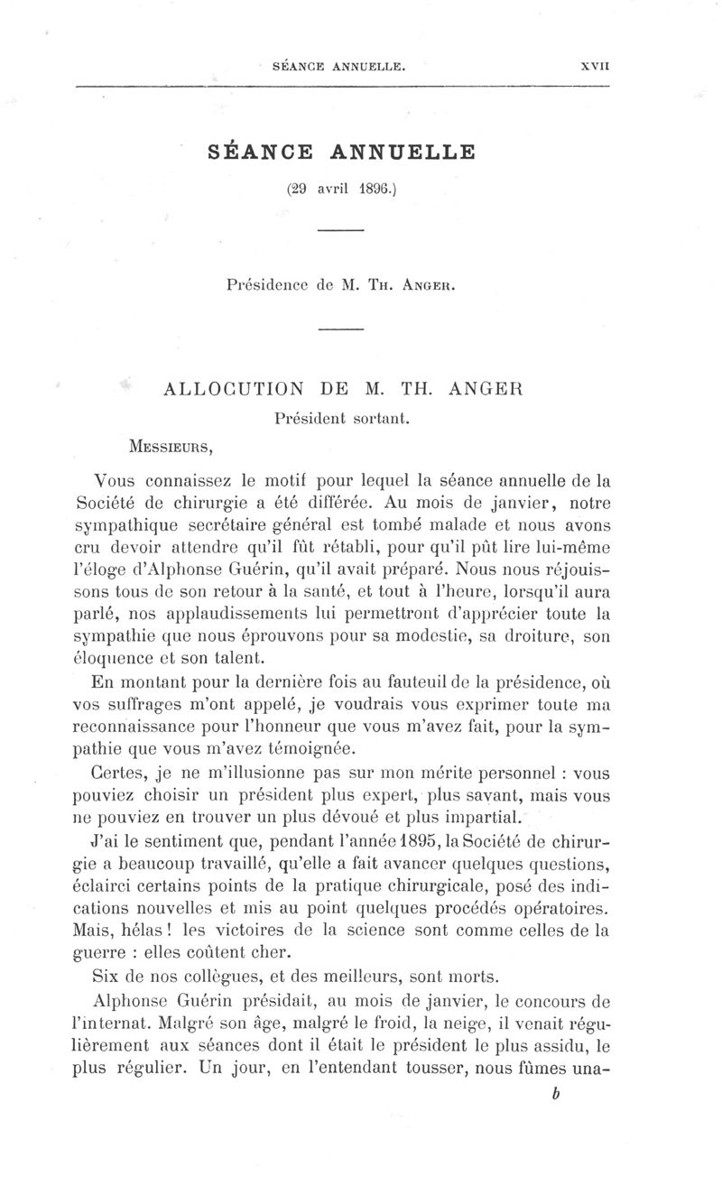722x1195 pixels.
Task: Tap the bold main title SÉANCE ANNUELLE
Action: [x=341, y=152]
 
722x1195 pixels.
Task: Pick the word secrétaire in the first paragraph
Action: [x=218, y=525]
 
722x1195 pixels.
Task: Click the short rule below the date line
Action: [x=340, y=232]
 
